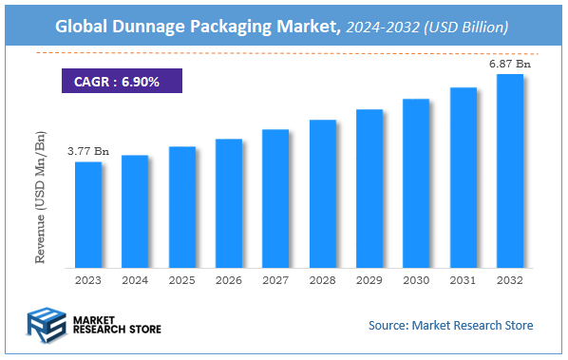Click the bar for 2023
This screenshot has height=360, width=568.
click(88, 214)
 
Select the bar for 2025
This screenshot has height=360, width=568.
click(182, 206)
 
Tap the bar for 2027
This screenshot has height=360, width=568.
click(275, 198)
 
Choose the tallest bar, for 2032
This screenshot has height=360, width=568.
click(509, 170)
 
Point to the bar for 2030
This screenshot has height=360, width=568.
click(416, 182)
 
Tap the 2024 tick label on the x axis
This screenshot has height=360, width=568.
click(135, 280)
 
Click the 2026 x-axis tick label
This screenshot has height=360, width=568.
click(229, 280)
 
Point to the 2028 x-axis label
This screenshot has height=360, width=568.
click(322, 280)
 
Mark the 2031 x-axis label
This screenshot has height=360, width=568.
click(463, 280)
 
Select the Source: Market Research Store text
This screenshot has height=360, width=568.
click(450, 326)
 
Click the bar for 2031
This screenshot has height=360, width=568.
click(463, 177)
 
